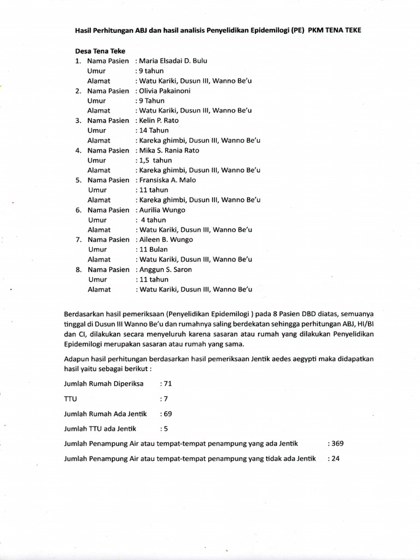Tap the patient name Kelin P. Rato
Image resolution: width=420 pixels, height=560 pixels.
[x=159, y=120]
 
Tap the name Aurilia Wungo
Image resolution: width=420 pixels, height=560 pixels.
[x=162, y=210]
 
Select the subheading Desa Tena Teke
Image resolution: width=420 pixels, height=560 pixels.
[x=100, y=50]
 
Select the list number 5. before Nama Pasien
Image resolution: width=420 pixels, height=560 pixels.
[x=79, y=180]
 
